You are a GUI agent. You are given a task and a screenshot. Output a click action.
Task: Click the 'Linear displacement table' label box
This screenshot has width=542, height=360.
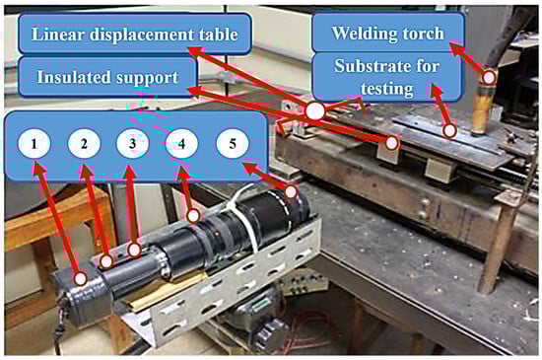pos(134,34)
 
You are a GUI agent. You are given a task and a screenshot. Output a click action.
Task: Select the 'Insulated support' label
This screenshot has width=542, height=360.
pos(107,77)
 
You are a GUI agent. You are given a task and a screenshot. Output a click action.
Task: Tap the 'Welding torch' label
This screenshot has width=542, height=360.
pos(388,34)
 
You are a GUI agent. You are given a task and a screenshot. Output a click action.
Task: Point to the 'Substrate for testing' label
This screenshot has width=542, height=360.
pos(387,77)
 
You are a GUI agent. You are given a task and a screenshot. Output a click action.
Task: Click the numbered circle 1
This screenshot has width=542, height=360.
pos(34,143)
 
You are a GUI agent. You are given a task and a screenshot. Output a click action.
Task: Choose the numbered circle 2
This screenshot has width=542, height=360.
pos(84,143)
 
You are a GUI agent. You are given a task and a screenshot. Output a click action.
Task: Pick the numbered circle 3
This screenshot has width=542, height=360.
pos(133,143)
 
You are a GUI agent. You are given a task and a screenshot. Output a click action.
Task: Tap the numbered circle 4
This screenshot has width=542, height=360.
pos(182,143)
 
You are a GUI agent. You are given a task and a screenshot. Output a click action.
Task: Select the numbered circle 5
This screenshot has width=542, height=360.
pos(233,143)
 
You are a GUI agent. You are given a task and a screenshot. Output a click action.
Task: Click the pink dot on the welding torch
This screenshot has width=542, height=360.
pos(489,78)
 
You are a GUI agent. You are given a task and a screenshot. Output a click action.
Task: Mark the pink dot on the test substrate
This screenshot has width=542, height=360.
pos(449,131)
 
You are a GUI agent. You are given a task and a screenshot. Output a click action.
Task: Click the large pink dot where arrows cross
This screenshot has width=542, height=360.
pos(315,111)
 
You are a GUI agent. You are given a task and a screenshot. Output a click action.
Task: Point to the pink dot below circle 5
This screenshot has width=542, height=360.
pos(291,191)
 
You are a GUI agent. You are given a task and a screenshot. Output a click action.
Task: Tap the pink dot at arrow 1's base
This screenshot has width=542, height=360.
pos(81,278)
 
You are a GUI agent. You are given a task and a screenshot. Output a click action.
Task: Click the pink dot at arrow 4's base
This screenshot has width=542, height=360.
pos(193,216)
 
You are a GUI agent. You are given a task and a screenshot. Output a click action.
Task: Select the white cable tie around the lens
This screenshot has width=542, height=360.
pos(242,214)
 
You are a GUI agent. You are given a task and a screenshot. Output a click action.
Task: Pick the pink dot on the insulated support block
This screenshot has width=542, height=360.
pos(391,143)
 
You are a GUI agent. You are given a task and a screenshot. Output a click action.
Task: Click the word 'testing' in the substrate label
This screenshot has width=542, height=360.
pos(387,89)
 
